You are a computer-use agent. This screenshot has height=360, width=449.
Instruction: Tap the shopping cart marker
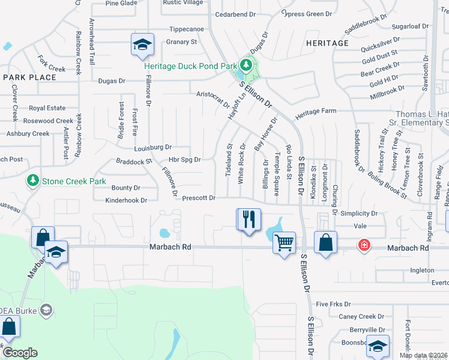[x=284, y=242]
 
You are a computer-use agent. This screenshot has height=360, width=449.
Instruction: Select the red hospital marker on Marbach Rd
[x=364, y=245]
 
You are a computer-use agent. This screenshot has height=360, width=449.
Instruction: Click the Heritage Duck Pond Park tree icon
[x=245, y=64]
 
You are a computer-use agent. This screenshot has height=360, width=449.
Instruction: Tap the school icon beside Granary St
[x=143, y=44]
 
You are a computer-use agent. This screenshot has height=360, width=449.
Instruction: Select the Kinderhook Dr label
[x=126, y=200]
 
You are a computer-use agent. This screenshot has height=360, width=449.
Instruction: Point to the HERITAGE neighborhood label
[x=327, y=43]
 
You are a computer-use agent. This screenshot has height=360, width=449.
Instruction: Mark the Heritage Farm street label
[x=315, y=111]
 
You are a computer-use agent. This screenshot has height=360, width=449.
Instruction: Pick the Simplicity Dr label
[x=358, y=213]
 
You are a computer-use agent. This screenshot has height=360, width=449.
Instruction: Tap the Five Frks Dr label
[x=333, y=304]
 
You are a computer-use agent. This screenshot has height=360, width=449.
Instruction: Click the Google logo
[x=20, y=353]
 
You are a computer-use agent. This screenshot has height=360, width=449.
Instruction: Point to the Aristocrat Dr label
[x=213, y=99]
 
